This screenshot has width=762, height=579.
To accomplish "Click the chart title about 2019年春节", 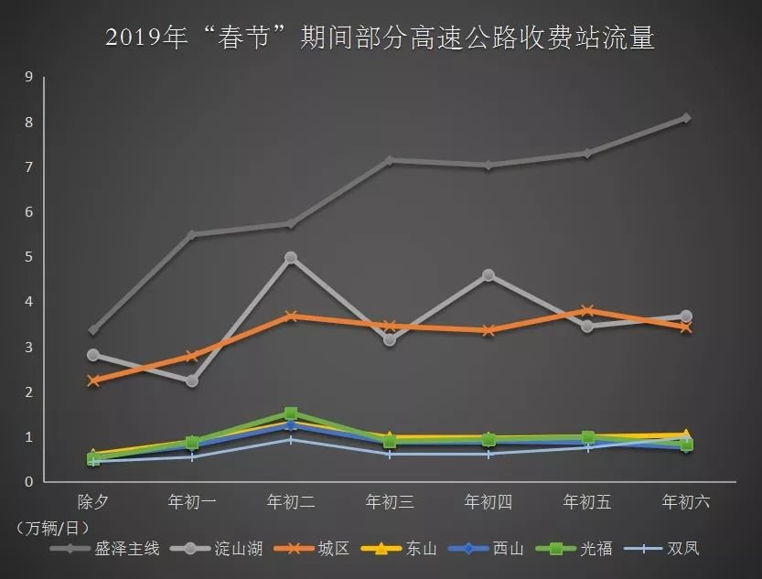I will pyautogui.click(x=380, y=38).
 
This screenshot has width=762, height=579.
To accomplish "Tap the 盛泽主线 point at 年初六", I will pyautogui.click(x=685, y=118).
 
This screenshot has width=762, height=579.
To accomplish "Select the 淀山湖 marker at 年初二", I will pyautogui.click(x=291, y=258).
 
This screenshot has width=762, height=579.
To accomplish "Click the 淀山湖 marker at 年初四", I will pyautogui.click(x=488, y=275).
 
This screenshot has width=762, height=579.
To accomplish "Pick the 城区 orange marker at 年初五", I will pyautogui.click(x=587, y=311).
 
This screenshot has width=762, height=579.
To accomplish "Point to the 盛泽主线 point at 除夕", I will pyautogui.click(x=93, y=330).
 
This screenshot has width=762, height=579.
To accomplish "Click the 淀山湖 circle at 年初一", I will pyautogui.click(x=192, y=381).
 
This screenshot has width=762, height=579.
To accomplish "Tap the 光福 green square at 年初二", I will pyautogui.click(x=291, y=413).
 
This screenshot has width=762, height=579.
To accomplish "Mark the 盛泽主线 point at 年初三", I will pyautogui.click(x=390, y=160).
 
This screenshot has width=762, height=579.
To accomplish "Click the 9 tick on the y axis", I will pyautogui.click(x=28, y=77).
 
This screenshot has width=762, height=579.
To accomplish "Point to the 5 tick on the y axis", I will pyautogui.click(x=28, y=257).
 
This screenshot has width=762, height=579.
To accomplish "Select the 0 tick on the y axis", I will pyautogui.click(x=28, y=482).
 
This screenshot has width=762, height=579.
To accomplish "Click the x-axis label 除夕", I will pyautogui.click(x=93, y=502).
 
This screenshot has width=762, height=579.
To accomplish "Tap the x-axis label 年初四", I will pyautogui.click(x=488, y=502).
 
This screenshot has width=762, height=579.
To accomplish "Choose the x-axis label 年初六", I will pyautogui.click(x=685, y=502).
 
